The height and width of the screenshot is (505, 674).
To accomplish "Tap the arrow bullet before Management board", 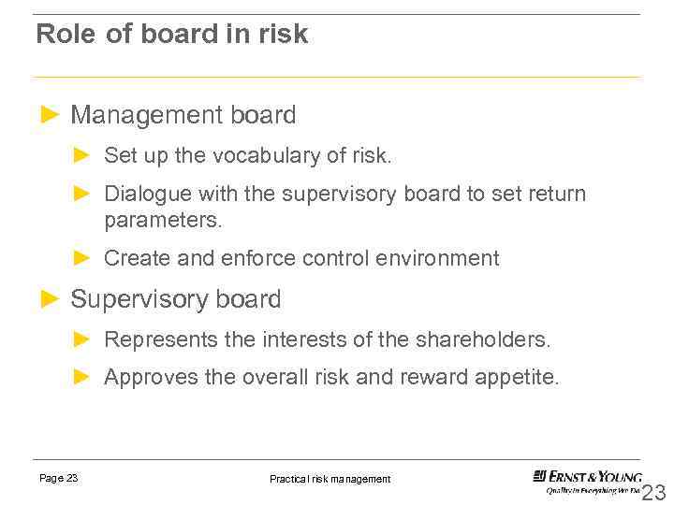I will coord(51,115).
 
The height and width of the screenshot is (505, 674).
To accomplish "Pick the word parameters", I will coord(163,221).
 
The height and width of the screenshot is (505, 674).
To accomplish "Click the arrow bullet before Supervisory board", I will coord(51,299).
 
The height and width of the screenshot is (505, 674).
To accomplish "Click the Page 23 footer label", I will coord(59,478).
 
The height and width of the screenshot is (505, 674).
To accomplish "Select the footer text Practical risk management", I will coord(330,479).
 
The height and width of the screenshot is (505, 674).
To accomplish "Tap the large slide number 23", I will coord(653,493).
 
